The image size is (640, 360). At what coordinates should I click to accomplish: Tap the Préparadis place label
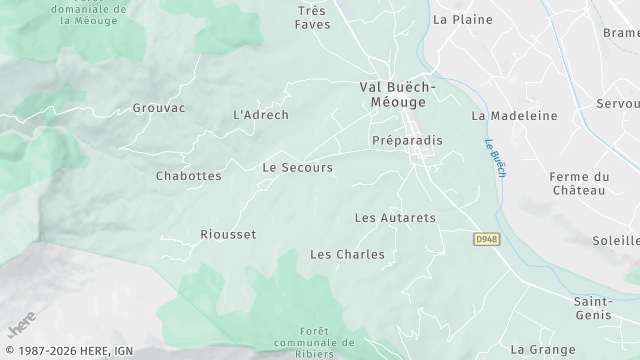406,141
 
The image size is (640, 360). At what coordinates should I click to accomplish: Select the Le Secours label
297,167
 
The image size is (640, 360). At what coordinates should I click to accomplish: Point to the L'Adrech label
260,115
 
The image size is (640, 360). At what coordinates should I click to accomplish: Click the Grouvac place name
159,108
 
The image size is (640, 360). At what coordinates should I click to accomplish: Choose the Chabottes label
189,175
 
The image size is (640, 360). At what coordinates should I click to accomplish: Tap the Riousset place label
228,234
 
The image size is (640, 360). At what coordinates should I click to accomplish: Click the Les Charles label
347,254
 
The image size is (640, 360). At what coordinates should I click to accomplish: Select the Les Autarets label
396,217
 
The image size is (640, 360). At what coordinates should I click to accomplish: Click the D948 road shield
485,240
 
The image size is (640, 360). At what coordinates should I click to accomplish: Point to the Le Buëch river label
494,158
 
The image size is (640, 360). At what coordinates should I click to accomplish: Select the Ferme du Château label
578,183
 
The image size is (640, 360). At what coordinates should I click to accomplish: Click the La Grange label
543,349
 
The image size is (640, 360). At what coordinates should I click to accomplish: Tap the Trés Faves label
312,18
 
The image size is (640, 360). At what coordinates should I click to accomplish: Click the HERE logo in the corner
20,325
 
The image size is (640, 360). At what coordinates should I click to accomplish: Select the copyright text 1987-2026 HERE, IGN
67,352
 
